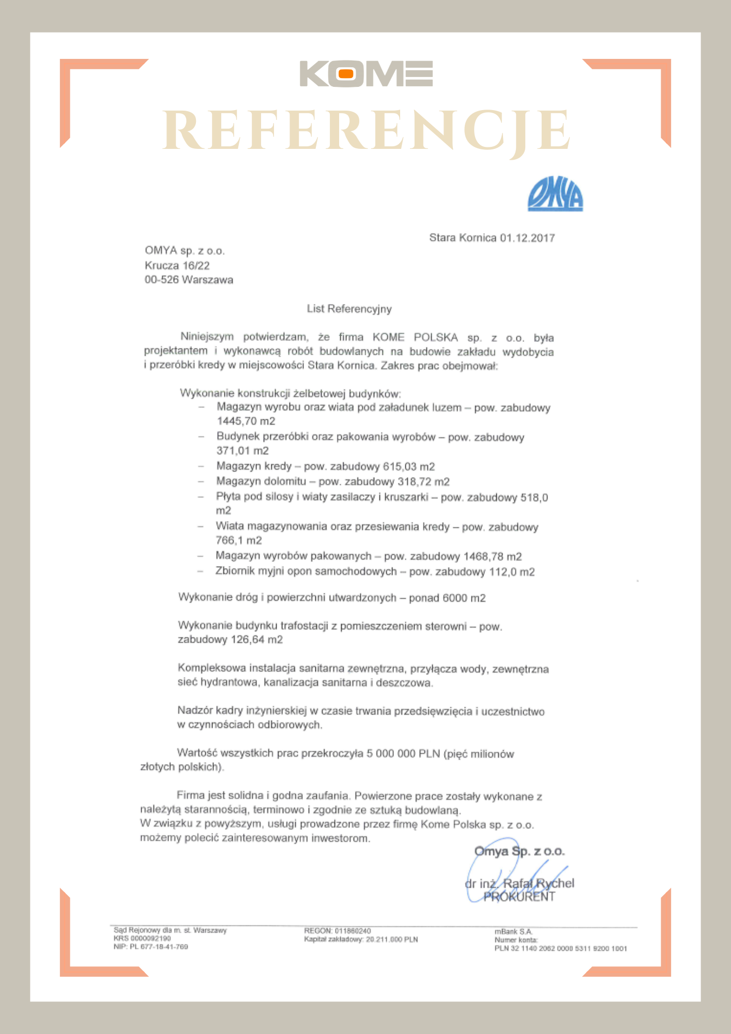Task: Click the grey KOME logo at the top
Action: click(365, 74)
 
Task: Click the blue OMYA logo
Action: click(555, 194)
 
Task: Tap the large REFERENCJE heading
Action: click(366, 131)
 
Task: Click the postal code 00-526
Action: click(161, 280)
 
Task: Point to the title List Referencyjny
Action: click(349, 309)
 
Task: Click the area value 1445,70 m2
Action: click(246, 421)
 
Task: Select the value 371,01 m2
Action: click(242, 451)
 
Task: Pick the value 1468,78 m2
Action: click(492, 557)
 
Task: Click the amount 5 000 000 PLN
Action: click(403, 754)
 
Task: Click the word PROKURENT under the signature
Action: click(519, 897)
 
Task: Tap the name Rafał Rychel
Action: click(538, 883)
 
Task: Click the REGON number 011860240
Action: click(353, 931)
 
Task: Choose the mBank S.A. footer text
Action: click(513, 932)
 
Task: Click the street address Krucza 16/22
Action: click(177, 266)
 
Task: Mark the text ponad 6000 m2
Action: click(447, 598)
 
